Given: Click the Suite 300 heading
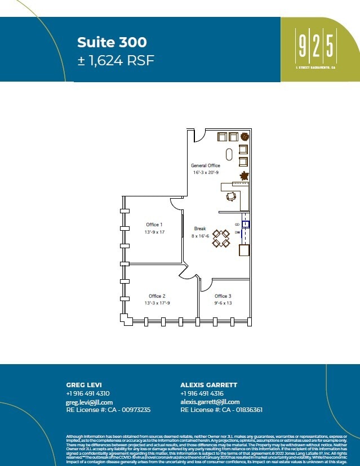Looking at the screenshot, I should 112,42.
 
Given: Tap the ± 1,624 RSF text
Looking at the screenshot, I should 115,60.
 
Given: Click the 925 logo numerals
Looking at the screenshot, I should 316,46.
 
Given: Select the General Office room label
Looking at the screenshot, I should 206,165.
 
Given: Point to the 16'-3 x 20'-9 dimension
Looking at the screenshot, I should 206,172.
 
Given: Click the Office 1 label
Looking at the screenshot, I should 154,225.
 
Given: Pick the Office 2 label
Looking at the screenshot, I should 157,296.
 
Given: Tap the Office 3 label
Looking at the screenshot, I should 223,296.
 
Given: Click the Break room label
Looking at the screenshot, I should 200,229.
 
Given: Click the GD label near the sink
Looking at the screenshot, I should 237,225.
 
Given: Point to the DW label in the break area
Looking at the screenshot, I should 237,232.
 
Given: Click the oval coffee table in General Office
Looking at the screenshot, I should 229,154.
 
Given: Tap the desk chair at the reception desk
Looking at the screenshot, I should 231,196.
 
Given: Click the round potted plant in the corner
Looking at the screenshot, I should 245,137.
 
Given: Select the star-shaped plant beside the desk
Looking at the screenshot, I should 245,177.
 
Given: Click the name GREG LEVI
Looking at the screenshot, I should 83,385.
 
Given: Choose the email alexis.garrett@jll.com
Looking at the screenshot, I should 210,402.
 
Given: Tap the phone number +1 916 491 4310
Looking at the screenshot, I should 88,393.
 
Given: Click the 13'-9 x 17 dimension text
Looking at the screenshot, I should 154,232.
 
